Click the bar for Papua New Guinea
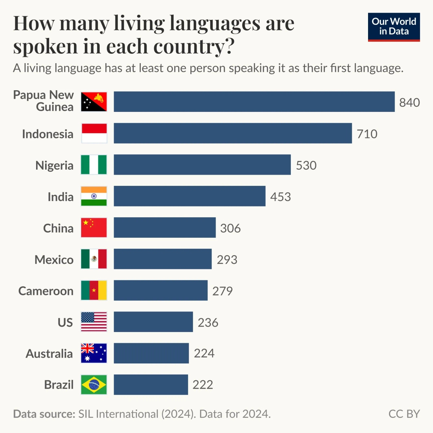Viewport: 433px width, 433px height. point(254,102)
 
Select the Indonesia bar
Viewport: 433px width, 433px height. point(233,133)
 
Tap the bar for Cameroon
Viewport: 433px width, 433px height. point(161,290)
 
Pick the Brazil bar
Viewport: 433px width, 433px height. point(151,385)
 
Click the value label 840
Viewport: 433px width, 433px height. point(409,102)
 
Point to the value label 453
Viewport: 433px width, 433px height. point(280,197)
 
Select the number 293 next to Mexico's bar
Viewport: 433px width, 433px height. point(227,259)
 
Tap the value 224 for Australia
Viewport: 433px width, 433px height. point(204,353)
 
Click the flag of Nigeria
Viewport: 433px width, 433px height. point(94,165)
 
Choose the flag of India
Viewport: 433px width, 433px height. point(94,196)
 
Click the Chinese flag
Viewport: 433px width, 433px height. point(94,228)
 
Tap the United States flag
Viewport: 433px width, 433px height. point(94,322)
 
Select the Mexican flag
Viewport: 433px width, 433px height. point(94,259)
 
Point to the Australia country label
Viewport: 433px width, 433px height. point(49,354)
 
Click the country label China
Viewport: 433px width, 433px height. point(58,228)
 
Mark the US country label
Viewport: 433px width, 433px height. point(65,322)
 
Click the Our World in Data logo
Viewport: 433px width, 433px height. point(394,27)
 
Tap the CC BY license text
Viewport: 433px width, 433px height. point(404,414)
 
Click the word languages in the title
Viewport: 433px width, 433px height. point(214,24)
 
